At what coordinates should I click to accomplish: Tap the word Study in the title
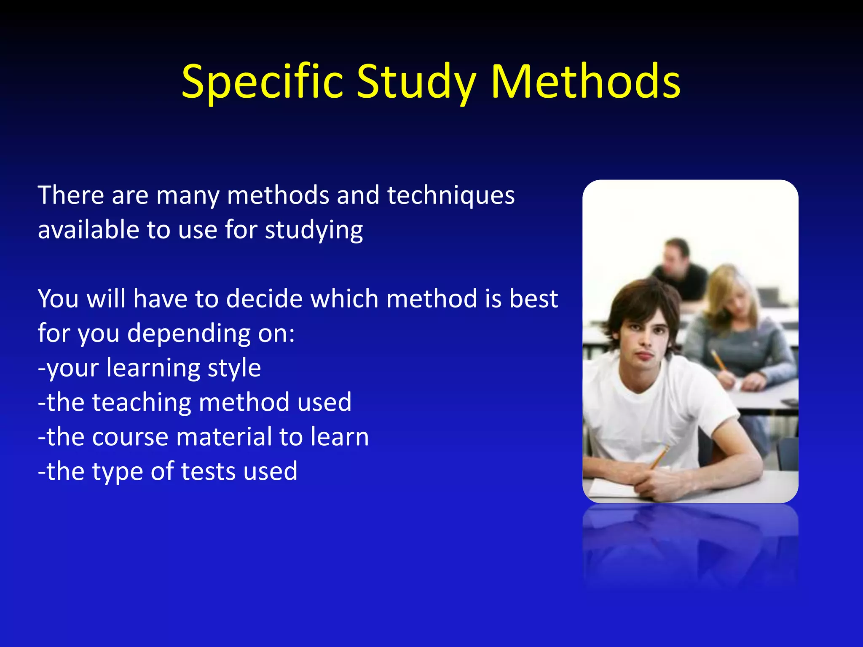(x=417, y=82)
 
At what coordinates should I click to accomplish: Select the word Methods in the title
(x=585, y=82)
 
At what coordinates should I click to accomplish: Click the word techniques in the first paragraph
(x=450, y=196)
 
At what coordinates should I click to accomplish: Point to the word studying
(x=314, y=231)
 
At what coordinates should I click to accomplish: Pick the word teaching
(x=142, y=402)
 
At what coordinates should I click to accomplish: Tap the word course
(x=130, y=437)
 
